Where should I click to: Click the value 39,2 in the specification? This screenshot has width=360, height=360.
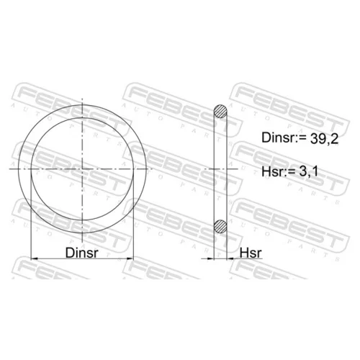pos(324,138)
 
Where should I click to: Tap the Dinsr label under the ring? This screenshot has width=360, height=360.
pos(82,253)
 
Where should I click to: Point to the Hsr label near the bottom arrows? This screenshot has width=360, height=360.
pos(251,253)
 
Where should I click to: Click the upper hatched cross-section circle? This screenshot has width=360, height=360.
pos(220,112)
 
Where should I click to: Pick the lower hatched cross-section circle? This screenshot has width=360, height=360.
pos(220,226)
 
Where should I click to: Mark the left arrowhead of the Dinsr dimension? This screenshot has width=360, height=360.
pos(35,258)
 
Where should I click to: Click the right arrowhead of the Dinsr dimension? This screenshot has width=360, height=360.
pos(130,258)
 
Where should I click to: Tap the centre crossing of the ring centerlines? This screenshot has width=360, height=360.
pos(82,169)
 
